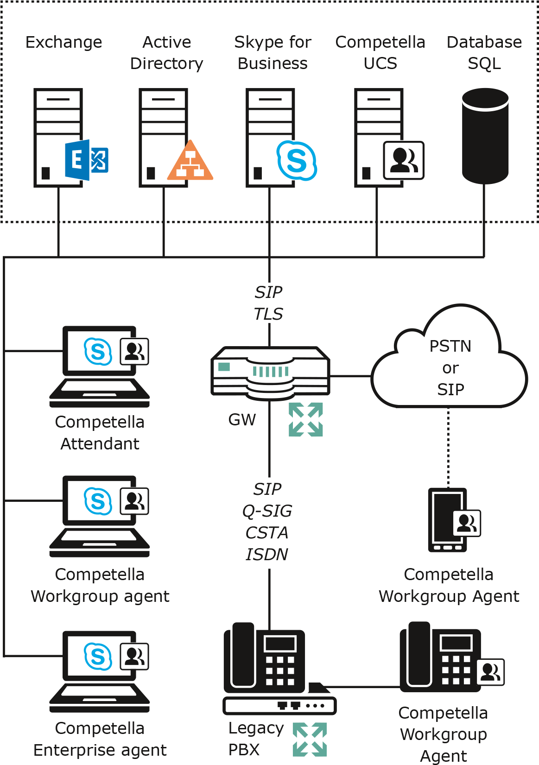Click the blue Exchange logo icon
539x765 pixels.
[x=86, y=160]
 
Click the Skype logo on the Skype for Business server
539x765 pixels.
[x=297, y=160]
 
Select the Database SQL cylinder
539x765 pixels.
[x=485, y=136]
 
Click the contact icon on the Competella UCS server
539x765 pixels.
[x=403, y=160]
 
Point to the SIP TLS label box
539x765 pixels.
[x=269, y=303]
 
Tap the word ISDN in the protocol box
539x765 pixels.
[x=267, y=554]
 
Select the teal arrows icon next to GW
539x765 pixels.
[x=306, y=419]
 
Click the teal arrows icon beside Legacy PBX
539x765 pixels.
[x=310, y=740]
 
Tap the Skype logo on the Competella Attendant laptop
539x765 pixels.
[x=98, y=351]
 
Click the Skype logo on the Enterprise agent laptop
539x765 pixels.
[x=98, y=656]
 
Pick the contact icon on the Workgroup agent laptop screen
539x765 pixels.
[x=133, y=501]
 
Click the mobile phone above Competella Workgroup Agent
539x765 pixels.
[x=447, y=518]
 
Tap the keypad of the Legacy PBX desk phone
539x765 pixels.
[x=280, y=670]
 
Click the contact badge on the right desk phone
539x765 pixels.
[x=490, y=672]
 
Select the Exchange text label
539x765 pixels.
[x=63, y=42]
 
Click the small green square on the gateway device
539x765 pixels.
[x=224, y=367]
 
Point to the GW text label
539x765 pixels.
[x=242, y=420]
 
